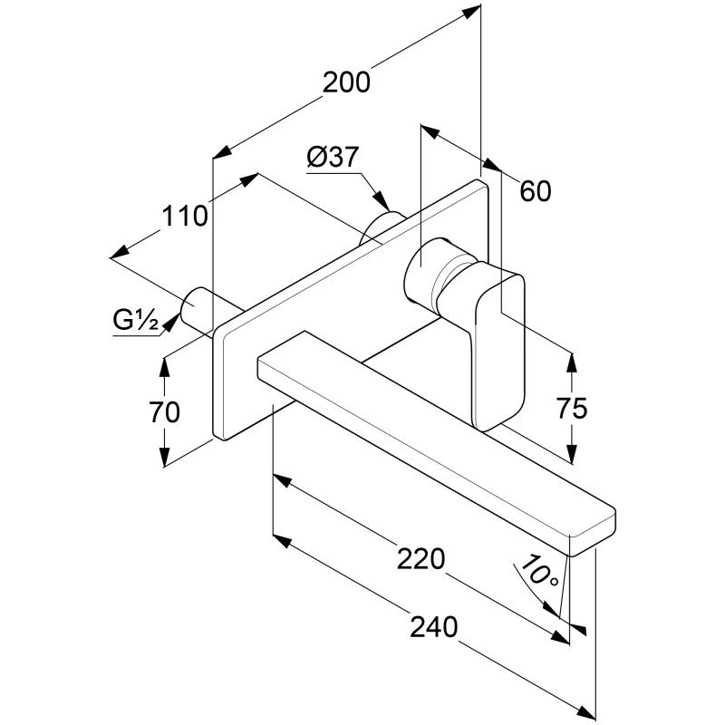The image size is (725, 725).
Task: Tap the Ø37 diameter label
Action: click(332, 157)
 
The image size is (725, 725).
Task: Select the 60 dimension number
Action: click(536, 191)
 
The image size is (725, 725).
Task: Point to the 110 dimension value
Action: click(186, 216)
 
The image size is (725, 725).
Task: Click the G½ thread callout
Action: click(136, 319)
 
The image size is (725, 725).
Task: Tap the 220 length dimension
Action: click(422, 559)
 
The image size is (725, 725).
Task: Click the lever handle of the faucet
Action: click(498, 344)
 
